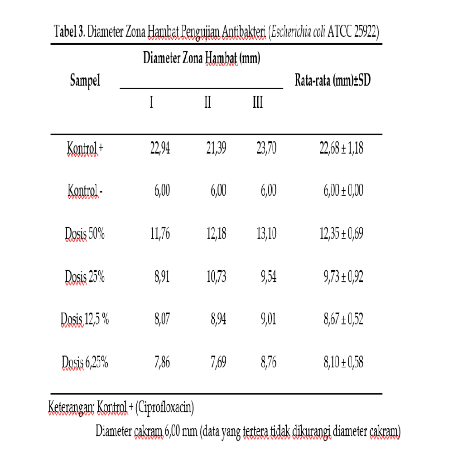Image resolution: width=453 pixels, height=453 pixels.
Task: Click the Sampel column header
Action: point(85,82)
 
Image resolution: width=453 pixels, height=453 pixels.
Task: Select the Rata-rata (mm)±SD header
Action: point(333,82)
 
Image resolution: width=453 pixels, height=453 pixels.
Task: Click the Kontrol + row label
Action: point(85,148)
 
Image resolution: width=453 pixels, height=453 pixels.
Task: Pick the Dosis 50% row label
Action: point(85,234)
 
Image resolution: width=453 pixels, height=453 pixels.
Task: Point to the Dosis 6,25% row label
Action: point(85,363)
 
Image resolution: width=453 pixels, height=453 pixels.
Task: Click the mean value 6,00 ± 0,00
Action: point(343,191)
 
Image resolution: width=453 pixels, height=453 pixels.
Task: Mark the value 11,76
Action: point(160,234)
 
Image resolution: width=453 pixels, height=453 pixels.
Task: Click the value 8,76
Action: point(268,363)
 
